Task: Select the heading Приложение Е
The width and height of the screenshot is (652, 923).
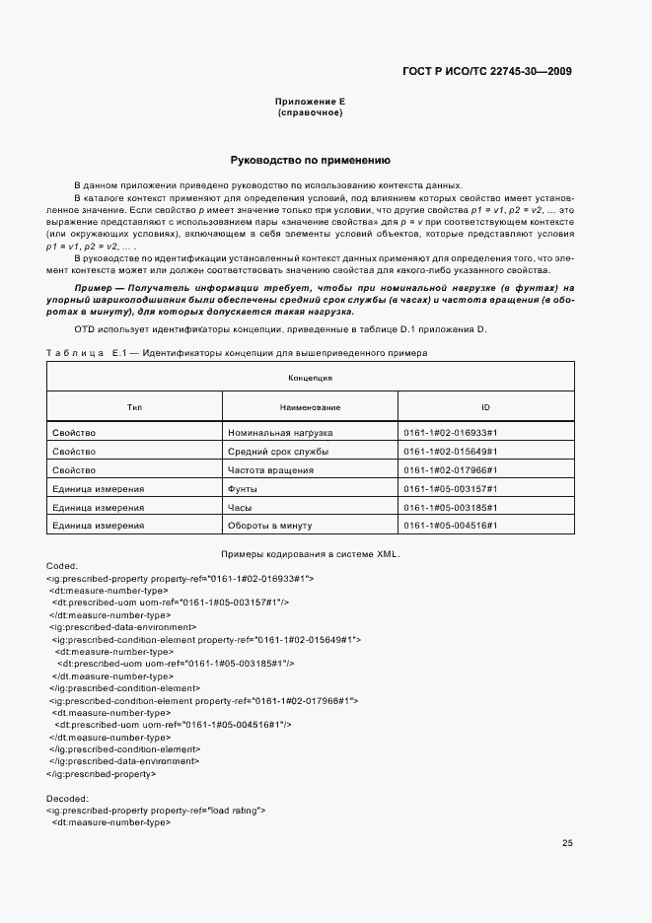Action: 311,103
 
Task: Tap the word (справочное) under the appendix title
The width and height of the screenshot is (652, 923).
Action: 311,112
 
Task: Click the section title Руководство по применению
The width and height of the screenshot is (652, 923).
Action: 311,160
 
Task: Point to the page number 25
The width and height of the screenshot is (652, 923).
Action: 567,843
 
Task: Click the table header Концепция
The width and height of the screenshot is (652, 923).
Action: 310,378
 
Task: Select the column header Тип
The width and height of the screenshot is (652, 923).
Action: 135,406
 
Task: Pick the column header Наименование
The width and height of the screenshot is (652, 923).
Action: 310,406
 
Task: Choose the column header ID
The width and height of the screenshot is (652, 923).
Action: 485,406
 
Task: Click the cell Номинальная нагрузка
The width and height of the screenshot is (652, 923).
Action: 280,433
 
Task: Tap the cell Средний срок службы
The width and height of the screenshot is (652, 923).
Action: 278,452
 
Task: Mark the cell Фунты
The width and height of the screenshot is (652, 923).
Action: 242,489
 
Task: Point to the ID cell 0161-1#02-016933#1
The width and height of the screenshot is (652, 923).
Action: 450,433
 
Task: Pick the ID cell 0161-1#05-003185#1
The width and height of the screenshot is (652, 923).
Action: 450,508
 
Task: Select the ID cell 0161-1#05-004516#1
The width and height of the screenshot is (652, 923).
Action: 450,527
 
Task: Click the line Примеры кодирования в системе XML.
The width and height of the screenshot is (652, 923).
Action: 310,553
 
